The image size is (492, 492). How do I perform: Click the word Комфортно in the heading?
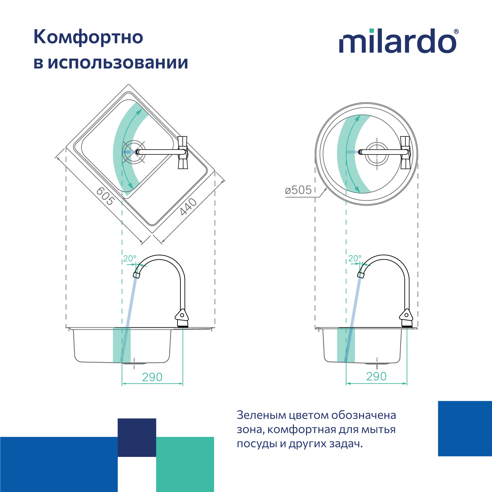pos(88,37)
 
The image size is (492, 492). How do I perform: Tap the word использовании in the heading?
pos(118,62)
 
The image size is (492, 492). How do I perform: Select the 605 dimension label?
pos(105,196)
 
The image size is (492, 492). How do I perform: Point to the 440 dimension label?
pos(188,207)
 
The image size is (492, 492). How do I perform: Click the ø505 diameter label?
pos(298,190)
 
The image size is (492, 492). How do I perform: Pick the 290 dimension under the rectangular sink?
pos(152,377)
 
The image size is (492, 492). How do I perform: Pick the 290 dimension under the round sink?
pos(376,377)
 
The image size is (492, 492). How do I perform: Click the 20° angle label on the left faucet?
pos(130,258)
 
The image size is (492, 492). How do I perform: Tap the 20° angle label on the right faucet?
pos(355,258)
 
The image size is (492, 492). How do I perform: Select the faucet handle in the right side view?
pos(406,315)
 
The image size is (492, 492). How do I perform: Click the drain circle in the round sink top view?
pos(377,153)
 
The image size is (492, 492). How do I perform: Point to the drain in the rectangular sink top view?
pos(133,152)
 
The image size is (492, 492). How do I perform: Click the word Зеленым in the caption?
pos(261,415)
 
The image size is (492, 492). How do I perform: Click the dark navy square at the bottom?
pos(137,438)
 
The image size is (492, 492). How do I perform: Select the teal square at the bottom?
pos(185,464)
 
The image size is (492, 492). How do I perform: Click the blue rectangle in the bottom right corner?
pos(465,428)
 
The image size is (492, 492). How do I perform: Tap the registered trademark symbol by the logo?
pos(456,31)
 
